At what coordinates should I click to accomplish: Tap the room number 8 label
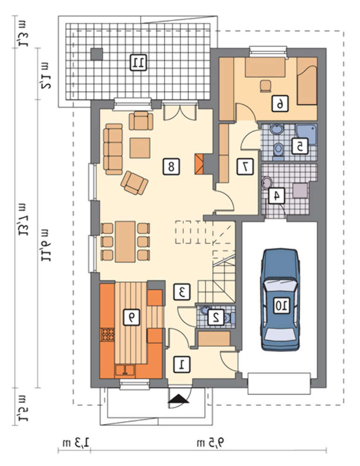(171, 166)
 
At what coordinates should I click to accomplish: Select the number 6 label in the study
(280, 104)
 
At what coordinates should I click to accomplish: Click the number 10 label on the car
(282, 306)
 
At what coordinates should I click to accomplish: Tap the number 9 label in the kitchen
(132, 317)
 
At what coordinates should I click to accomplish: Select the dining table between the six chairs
(125, 241)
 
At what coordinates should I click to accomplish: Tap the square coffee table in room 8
(140, 148)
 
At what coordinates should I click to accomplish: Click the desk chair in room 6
(265, 86)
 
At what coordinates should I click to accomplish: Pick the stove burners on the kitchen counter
(107, 334)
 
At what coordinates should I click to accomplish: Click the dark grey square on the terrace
(97, 54)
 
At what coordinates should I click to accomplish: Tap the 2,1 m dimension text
(46, 76)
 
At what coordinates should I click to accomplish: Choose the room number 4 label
(277, 196)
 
